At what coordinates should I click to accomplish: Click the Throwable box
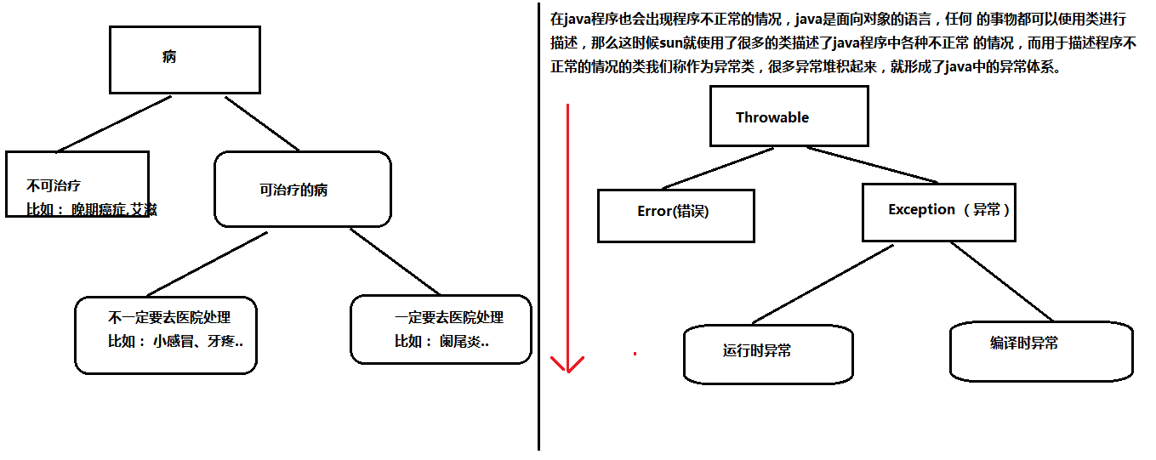pyautogui.click(x=789, y=118)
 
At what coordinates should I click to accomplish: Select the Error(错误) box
pyautogui.click(x=675, y=215)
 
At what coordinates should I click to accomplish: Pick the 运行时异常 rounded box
pyautogui.click(x=767, y=353)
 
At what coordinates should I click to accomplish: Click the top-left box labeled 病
pyautogui.click(x=185, y=60)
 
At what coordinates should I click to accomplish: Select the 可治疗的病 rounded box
pyautogui.click(x=302, y=190)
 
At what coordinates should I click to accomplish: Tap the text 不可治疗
pyautogui.click(x=53, y=185)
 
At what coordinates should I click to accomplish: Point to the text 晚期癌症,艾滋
pyautogui.click(x=114, y=209)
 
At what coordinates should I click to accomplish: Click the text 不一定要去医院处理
pyautogui.click(x=169, y=318)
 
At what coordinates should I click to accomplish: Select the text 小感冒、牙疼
pyautogui.click(x=197, y=342)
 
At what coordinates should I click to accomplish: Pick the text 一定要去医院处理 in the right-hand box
pyautogui.click(x=449, y=318)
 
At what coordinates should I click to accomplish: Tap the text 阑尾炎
pyautogui.click(x=464, y=342)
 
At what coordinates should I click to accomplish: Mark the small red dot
pyautogui.click(x=635, y=353)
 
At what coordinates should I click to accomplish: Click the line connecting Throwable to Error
pyautogui.click(x=718, y=168)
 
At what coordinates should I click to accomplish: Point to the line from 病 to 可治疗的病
pyautogui.click(x=261, y=123)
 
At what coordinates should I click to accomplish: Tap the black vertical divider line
pyautogui.click(x=538, y=255)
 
